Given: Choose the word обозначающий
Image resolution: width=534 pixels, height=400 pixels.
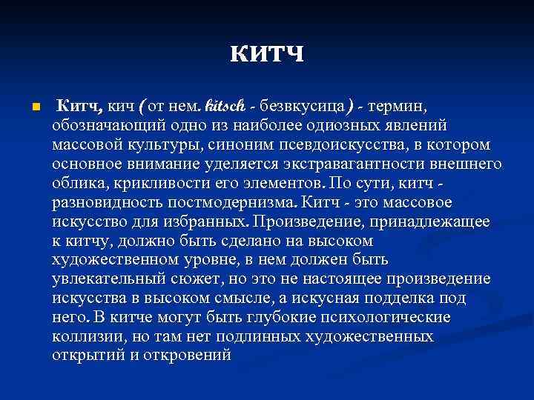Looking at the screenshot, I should point(105,125).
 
